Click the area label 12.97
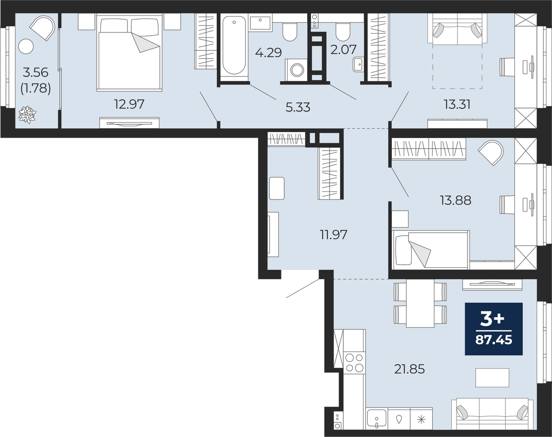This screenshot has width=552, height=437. [129, 104]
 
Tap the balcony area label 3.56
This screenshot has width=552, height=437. [36, 73]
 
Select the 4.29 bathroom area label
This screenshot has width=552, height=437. [268, 52]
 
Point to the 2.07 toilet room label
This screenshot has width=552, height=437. [343, 49]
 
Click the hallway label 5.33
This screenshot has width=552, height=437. [298, 107]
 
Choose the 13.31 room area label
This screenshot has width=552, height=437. [457, 104]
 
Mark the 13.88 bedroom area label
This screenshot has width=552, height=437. [456, 200]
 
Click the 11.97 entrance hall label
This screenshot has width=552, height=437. [334, 234]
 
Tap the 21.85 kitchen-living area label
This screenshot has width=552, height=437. [409, 369]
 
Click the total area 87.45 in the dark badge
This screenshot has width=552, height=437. [494, 340]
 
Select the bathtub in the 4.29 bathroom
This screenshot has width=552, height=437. [234, 45]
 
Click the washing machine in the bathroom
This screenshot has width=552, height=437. [296, 71]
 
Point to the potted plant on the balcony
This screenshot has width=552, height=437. [27, 114]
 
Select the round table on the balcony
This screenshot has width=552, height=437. [26, 47]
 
